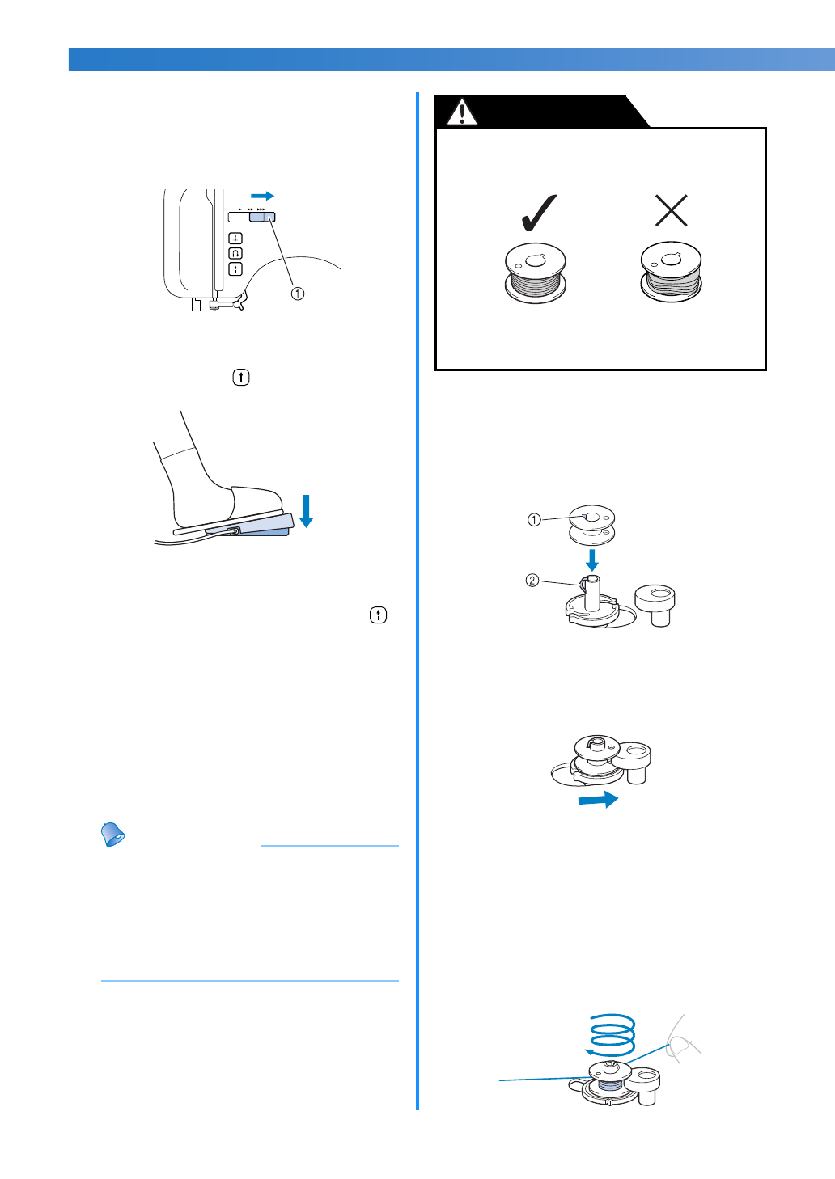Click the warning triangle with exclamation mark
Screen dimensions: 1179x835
point(462,112)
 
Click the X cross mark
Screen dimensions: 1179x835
point(671,211)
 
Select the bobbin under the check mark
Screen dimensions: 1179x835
point(535,273)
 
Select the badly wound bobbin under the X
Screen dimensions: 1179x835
point(671,273)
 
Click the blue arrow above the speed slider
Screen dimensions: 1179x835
point(262,196)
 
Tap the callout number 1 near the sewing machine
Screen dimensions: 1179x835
point(298,294)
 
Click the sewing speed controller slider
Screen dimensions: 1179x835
point(262,217)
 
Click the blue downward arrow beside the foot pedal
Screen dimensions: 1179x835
point(306,511)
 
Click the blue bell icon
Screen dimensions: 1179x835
point(113,835)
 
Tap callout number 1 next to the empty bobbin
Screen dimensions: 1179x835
point(534,520)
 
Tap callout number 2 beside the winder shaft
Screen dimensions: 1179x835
point(532,580)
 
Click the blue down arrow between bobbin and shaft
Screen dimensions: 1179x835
point(592,560)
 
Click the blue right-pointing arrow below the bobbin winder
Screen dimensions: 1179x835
point(598,800)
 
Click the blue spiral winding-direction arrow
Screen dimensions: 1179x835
point(612,1034)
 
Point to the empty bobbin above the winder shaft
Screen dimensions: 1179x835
point(592,525)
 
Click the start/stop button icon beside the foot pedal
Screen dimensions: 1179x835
point(241,378)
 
